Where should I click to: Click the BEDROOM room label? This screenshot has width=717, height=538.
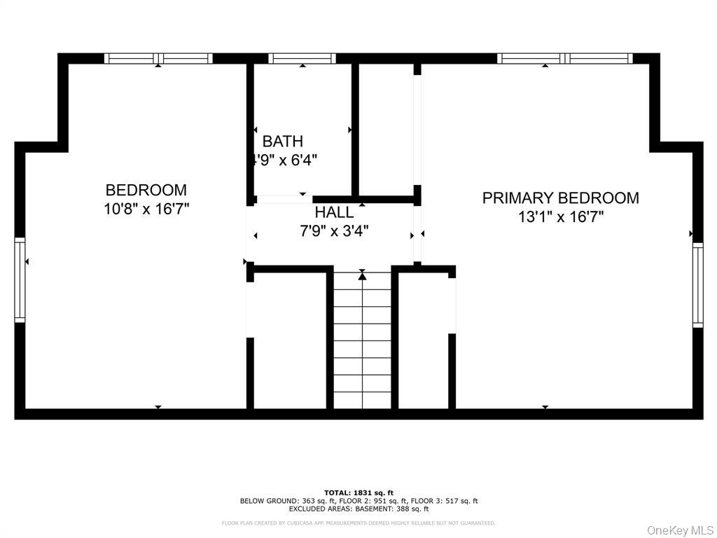(146, 190)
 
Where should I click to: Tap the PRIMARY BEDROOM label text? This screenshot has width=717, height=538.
(560, 198)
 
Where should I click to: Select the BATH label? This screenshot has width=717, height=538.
(283, 142)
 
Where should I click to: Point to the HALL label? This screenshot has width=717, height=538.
(334, 212)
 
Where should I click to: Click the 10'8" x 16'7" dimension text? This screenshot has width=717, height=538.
(146, 209)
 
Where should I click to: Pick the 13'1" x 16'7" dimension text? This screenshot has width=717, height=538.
(560, 217)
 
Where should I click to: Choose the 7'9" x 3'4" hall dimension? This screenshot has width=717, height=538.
(334, 230)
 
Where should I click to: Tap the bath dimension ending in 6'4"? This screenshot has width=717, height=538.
(284, 160)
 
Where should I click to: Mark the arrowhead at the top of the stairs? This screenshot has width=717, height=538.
(362, 276)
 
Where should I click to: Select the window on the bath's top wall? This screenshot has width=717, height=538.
(302, 59)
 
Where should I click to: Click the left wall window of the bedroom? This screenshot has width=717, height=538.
(20, 280)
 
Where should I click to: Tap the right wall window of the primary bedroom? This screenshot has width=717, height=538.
(697, 285)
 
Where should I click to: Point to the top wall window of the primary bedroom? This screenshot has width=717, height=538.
(565, 59)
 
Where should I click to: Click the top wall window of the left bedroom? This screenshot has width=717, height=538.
(158, 59)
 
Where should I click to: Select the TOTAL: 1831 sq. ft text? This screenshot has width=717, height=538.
(358, 492)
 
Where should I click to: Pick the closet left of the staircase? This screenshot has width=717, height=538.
(288, 340)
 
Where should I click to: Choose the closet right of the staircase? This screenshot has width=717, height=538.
(423, 340)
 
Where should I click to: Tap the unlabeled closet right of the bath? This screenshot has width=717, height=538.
(385, 130)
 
